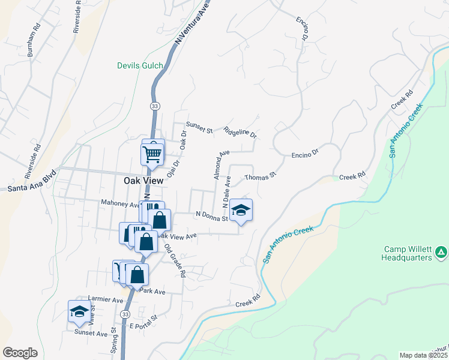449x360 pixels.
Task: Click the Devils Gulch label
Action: click(x=140, y=65)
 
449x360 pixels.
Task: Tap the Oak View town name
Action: click(x=144, y=179)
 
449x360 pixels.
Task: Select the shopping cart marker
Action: click(x=152, y=154)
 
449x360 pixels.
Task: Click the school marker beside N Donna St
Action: click(x=241, y=210)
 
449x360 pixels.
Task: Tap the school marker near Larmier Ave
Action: click(x=79, y=311)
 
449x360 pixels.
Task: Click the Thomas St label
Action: click(x=259, y=176)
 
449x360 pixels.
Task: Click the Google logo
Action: click(x=20, y=352)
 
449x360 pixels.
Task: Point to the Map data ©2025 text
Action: click(x=423, y=355)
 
